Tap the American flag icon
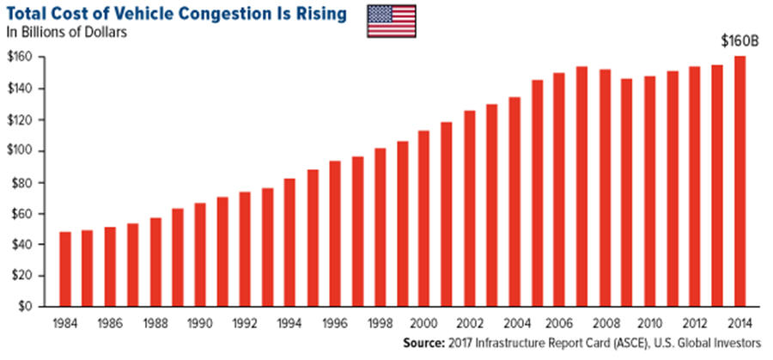[x=392, y=21]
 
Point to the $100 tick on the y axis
[x=23, y=151]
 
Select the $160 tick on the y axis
[x=23, y=58]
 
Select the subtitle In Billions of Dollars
[x=66, y=33]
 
